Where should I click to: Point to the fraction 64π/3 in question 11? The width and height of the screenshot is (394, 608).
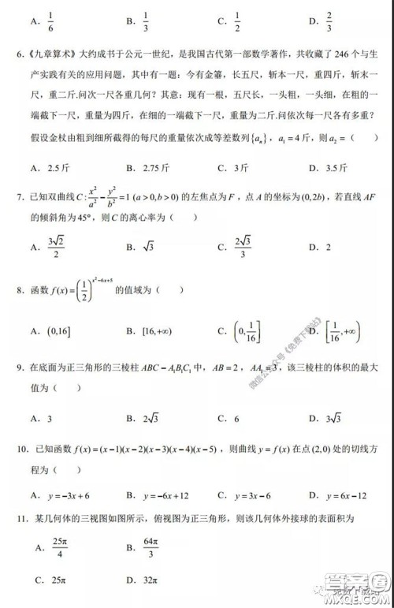150,548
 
